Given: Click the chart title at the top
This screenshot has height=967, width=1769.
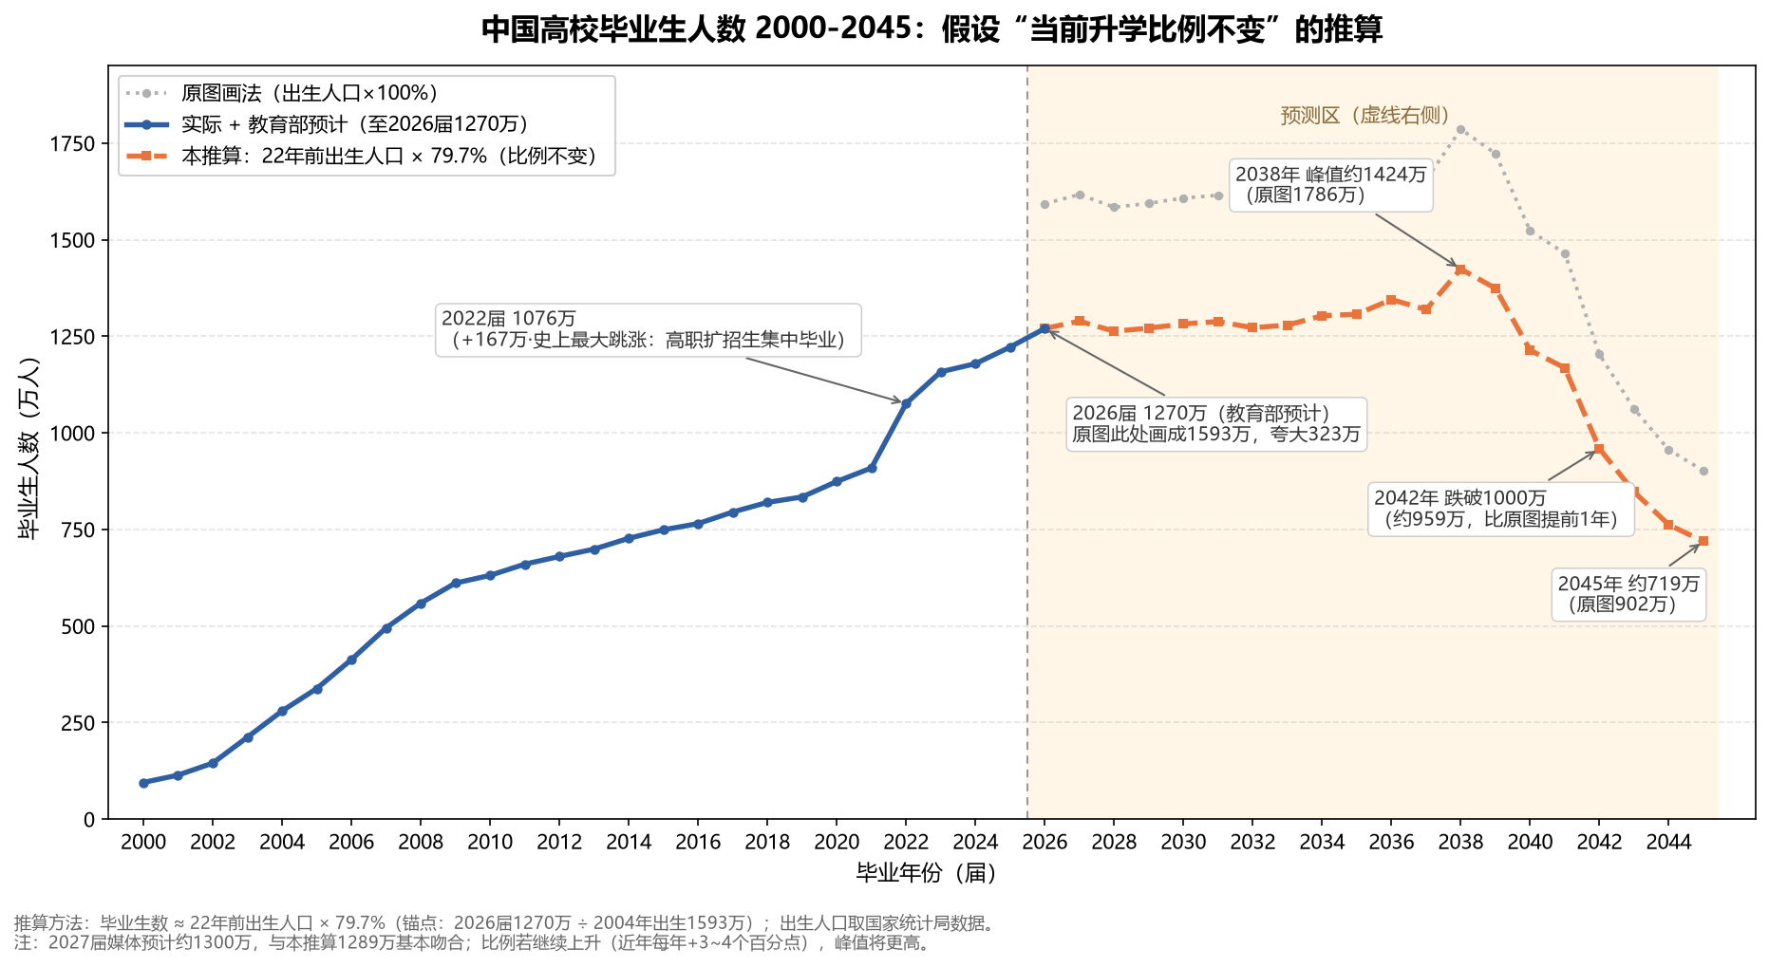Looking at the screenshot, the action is [x=932, y=29].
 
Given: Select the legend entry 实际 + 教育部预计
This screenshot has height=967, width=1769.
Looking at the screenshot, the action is [x=328, y=124].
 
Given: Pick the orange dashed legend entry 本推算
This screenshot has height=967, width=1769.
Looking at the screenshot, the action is [x=362, y=156].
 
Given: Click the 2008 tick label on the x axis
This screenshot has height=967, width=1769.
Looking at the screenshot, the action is [x=421, y=842].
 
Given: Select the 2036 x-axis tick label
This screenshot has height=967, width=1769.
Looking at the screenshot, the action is [x=1391, y=842].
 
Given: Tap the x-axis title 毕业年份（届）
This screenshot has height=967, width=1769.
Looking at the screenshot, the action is [x=927, y=873].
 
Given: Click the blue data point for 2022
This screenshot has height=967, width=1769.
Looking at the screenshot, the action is [x=906, y=403].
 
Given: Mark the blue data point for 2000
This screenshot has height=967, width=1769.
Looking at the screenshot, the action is [x=143, y=783].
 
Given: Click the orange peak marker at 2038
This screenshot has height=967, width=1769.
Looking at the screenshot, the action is [x=1460, y=270].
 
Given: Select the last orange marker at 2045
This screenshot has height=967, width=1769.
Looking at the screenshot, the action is [x=1703, y=541].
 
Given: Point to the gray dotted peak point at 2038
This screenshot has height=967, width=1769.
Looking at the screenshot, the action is [x=1460, y=129].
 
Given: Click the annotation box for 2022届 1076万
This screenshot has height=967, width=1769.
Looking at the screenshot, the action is [x=649, y=330].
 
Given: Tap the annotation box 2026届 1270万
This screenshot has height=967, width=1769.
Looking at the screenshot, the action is [x=1216, y=424].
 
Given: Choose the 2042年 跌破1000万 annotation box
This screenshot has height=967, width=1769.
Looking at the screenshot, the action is [x=1501, y=510].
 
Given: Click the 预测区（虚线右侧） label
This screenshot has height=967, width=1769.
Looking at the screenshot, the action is [x=1365, y=116].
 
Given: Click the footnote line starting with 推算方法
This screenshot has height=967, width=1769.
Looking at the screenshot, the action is [x=505, y=922].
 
